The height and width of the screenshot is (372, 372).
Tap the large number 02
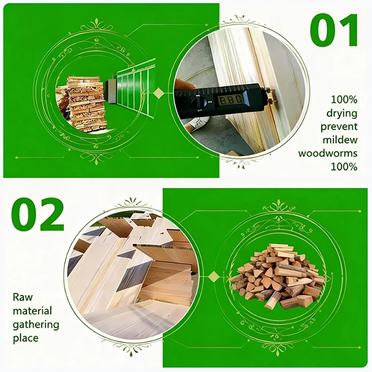pos(37,215)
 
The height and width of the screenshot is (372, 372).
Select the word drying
pos(341,113)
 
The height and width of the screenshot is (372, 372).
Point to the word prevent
pos(339,126)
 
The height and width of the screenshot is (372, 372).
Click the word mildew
pos(340,140)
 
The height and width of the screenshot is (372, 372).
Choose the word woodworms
pos(328,153)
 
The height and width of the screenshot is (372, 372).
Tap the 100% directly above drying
pos(344,100)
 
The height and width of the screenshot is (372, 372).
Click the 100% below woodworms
pos(344,166)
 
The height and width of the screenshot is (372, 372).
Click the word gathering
pos(36,324)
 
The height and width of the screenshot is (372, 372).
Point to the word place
pos(26,338)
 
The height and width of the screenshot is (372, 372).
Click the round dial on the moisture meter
pos(198,103)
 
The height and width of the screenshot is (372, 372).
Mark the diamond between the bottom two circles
pos(214,276)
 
